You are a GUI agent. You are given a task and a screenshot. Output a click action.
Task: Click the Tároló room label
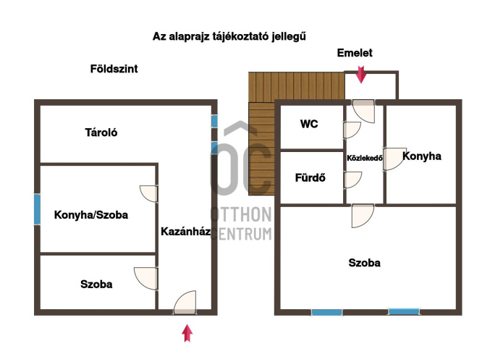(101, 132)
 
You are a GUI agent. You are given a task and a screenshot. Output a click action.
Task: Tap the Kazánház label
(186, 231)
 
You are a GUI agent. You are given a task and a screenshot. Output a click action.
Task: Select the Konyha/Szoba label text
(91, 215)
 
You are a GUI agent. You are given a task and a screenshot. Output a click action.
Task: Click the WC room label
(309, 124)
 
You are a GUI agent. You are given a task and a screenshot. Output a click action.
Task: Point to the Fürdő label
(310, 177)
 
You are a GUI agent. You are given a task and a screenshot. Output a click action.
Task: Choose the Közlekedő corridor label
(365, 158)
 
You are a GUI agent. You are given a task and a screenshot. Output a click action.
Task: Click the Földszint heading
(114, 69)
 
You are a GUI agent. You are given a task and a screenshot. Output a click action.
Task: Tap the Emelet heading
(355, 53)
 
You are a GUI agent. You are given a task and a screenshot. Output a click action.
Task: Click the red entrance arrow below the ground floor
(187, 333)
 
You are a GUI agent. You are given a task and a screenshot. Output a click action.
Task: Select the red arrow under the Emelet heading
(361, 75)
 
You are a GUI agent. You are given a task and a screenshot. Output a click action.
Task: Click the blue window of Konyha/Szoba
(37, 209)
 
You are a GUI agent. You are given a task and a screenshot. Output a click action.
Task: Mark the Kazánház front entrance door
(185, 303)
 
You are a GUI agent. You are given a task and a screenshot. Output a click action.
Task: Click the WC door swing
(352, 130)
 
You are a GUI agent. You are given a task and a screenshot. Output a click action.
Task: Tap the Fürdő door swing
(353, 180)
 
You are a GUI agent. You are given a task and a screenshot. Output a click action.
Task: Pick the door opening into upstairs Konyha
(394, 159)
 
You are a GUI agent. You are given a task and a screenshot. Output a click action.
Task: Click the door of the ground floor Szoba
(146, 279)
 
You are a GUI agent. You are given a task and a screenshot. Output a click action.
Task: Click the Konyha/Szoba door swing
(149, 194)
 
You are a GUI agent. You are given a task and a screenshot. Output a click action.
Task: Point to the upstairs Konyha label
(422, 156)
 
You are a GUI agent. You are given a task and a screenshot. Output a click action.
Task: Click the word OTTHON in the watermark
(241, 214)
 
